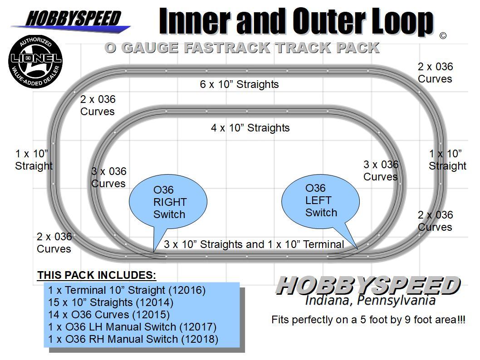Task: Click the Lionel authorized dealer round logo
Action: pyautogui.click(x=35, y=62)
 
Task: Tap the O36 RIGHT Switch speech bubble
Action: pyautogui.click(x=168, y=201)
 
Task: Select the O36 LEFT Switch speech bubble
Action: pyautogui.click(x=320, y=200)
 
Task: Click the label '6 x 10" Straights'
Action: pyautogui.click(x=239, y=84)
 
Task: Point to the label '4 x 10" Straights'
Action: pyautogui.click(x=250, y=128)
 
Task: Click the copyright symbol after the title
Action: pyautogui.click(x=443, y=36)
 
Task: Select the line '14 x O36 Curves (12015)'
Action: pyautogui.click(x=109, y=315)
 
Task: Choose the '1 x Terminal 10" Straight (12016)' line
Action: pyautogui.click(x=127, y=290)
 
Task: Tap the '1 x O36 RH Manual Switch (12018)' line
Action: pyautogui.click(x=133, y=339)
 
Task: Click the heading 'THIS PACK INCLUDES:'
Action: pyautogui.click(x=97, y=275)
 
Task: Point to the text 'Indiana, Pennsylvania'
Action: pyautogui.click(x=370, y=300)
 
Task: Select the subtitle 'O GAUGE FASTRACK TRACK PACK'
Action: pyautogui.click(x=241, y=48)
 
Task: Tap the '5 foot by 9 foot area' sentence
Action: pyautogui.click(x=368, y=320)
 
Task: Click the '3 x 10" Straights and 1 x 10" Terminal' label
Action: pyautogui.click(x=254, y=244)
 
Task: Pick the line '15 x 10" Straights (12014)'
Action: pyautogui.click(x=111, y=302)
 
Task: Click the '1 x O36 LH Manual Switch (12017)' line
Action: pyautogui.click(x=132, y=327)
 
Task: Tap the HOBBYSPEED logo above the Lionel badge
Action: pyautogui.click(x=73, y=19)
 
